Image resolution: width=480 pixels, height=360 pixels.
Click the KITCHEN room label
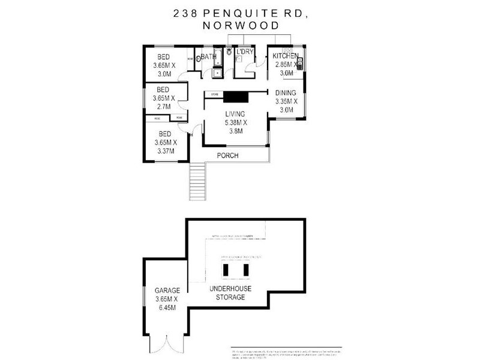pyautogui.click(x=287, y=56)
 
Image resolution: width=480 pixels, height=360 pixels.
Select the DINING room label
pyautogui.click(x=286, y=93)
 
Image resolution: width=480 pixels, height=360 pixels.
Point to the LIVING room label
pyautogui.click(x=236, y=115)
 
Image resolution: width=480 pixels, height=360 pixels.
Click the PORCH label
pyautogui.click(x=228, y=156)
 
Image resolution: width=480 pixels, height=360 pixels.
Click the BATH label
pyautogui.click(x=208, y=57)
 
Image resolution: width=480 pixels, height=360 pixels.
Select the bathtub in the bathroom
pyautogui.click(x=218, y=59)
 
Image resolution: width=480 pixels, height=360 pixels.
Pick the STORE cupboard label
pyautogui.click(x=214, y=94)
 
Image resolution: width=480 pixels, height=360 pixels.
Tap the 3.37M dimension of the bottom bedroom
pyautogui.click(x=164, y=151)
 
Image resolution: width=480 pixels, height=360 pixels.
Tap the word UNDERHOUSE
pyautogui.click(x=231, y=289)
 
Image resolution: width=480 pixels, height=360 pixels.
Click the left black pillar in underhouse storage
pyautogui.click(x=226, y=271)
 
